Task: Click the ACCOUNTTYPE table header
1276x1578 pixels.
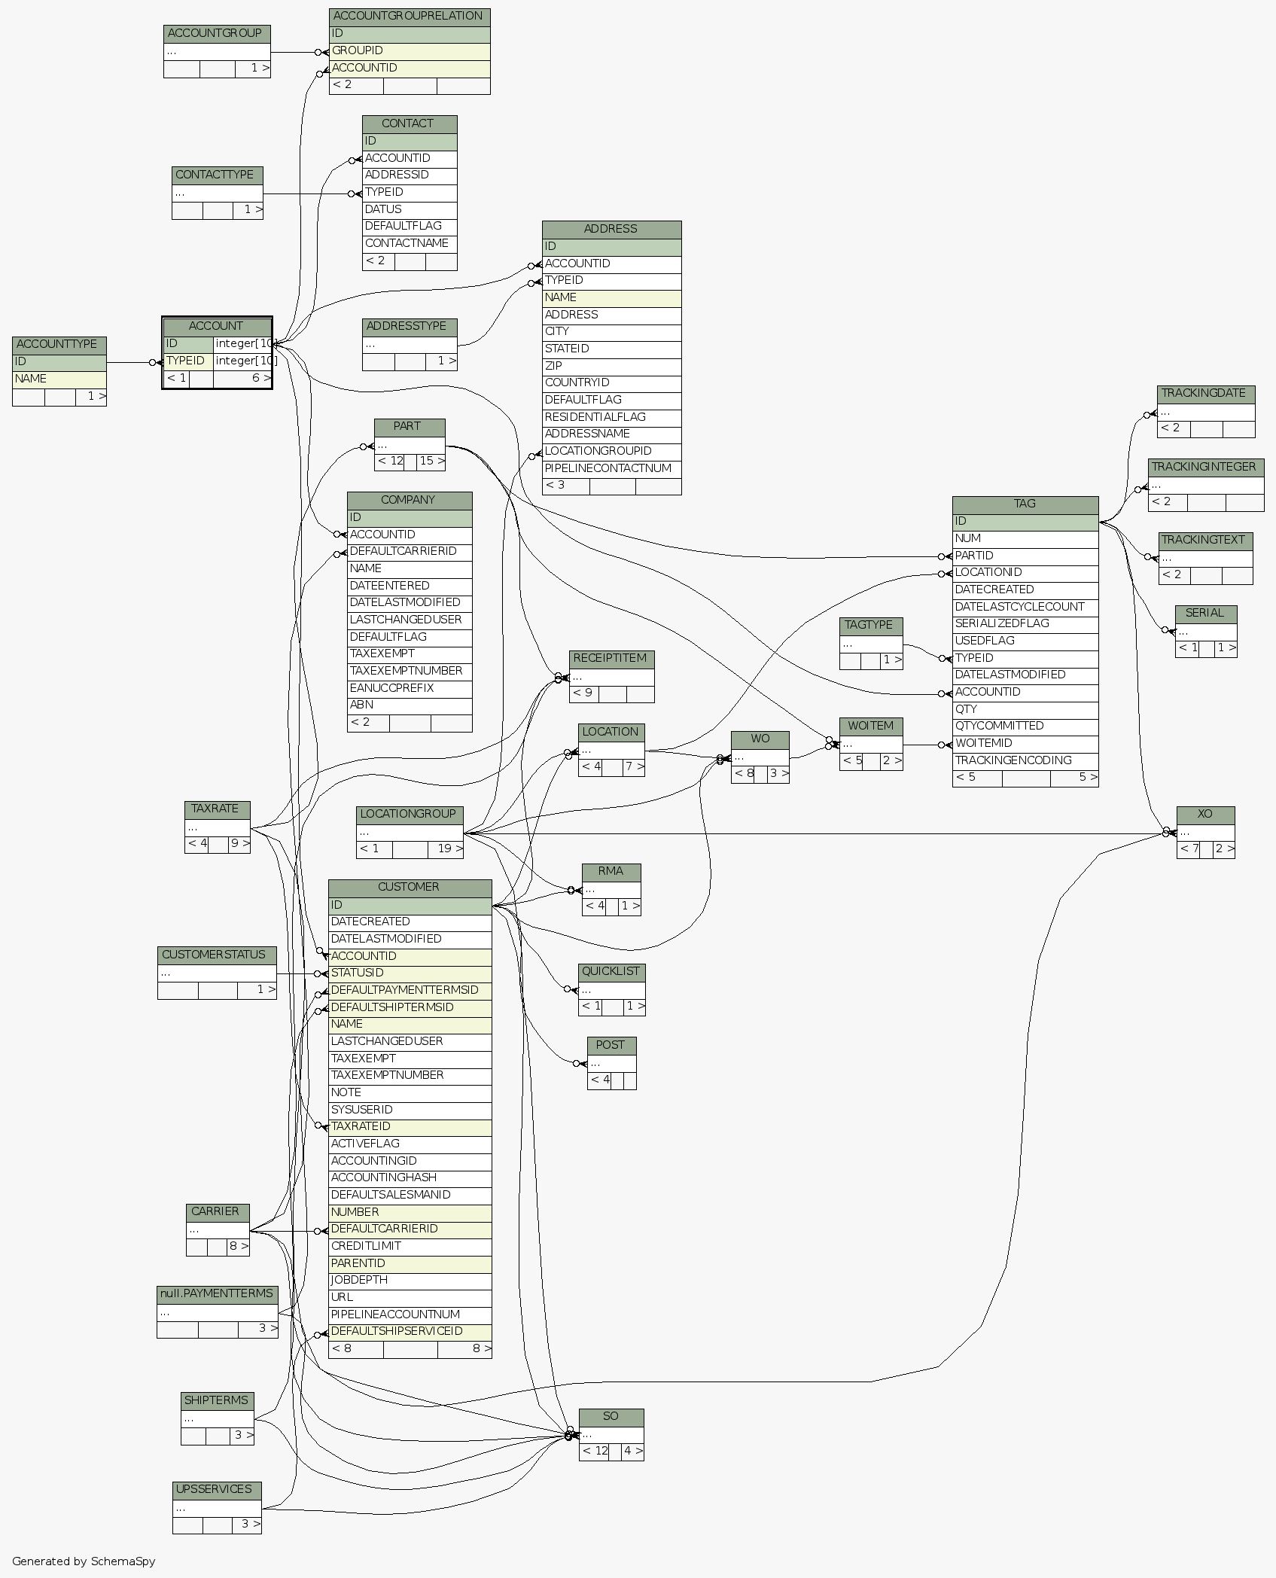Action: coord(59,345)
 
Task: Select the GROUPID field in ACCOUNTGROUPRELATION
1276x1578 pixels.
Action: coord(410,51)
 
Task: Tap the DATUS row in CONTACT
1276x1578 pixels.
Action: coord(410,209)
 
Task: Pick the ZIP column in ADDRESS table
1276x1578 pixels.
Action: coord(611,366)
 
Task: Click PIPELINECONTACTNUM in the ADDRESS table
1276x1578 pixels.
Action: coord(611,468)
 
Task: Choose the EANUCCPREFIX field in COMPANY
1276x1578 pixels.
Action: coord(410,688)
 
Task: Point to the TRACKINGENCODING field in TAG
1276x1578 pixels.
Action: coord(1025,760)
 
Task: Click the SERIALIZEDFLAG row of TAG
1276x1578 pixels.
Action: coord(1025,623)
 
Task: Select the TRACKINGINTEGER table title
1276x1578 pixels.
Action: coord(1204,467)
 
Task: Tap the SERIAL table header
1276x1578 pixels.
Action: coord(1205,613)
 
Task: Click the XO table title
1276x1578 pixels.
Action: coord(1205,814)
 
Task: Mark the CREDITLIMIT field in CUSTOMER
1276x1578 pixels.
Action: coord(410,1246)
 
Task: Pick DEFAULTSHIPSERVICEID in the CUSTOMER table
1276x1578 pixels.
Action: coord(410,1331)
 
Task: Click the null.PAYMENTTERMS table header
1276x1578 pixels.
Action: coord(217,1293)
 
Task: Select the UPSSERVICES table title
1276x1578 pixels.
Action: coord(216,1489)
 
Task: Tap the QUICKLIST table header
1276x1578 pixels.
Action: coord(611,971)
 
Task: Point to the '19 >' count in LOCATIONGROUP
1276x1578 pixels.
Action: coord(446,848)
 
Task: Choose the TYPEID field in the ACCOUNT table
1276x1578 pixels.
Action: coord(187,361)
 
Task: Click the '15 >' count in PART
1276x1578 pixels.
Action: coord(431,461)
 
